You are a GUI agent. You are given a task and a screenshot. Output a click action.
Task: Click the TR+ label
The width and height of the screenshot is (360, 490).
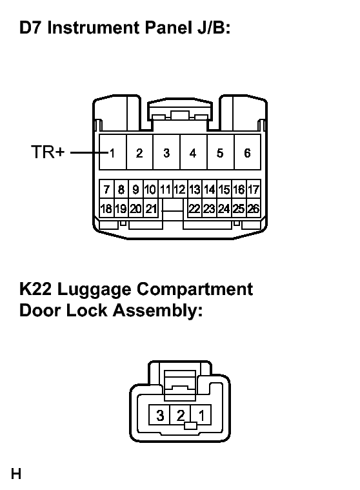[48, 152]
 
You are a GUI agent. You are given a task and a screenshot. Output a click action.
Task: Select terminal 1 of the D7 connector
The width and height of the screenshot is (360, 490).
[113, 152]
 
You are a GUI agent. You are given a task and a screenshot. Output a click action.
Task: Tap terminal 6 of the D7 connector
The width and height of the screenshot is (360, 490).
[247, 152]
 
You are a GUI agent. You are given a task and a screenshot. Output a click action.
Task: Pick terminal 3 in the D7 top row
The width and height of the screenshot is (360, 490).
[166, 152]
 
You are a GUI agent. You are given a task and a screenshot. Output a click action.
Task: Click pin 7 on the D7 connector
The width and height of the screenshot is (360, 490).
[107, 189]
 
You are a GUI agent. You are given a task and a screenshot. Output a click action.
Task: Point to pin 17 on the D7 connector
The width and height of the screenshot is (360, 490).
[254, 189]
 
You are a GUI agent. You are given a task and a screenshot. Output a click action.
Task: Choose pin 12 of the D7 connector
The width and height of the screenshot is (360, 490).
[180, 189]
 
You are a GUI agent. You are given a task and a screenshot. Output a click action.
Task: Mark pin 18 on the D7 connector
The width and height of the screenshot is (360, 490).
[107, 208]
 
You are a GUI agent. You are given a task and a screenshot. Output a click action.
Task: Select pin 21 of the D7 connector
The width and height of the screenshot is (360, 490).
[151, 208]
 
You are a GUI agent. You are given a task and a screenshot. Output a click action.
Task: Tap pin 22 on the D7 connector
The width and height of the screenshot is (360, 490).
[195, 208]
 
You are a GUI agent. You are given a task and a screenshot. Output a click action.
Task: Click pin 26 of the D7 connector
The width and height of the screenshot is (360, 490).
[254, 208]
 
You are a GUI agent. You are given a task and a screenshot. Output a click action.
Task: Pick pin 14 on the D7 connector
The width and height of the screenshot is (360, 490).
[210, 189]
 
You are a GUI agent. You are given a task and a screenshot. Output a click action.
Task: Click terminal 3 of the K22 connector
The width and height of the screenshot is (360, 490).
[159, 415]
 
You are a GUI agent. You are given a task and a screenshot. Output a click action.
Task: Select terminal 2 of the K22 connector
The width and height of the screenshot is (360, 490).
[180, 415]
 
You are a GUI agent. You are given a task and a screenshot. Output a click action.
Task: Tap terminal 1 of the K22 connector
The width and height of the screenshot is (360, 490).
[201, 415]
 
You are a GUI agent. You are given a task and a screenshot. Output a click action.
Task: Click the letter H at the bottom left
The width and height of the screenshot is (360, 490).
[16, 474]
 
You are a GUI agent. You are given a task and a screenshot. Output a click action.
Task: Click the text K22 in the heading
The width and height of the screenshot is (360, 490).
[35, 289]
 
